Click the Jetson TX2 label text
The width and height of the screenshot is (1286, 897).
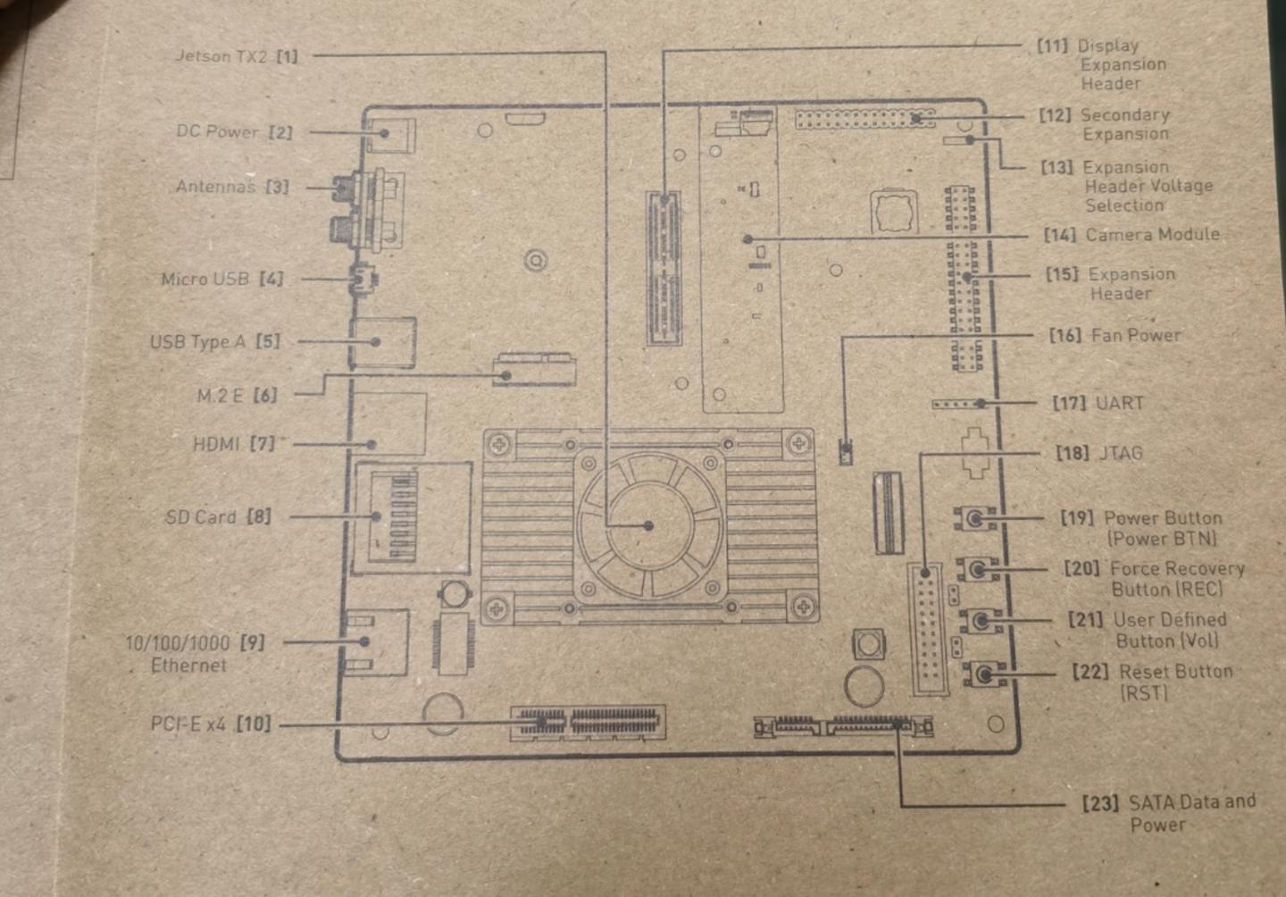[221, 56]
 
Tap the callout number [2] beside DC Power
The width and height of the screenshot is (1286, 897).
[280, 132]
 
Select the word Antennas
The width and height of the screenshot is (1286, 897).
[215, 187]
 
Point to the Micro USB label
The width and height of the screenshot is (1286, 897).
[205, 279]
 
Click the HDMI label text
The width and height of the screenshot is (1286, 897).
[216, 444]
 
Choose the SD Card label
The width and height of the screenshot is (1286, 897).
[200, 516]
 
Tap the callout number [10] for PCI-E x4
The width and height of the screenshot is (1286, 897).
[254, 724]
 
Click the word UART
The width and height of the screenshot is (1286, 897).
[1120, 403]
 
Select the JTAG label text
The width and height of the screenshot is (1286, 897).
[1121, 453]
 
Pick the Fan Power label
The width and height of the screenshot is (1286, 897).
[1136, 335]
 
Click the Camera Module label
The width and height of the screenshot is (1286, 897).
[1153, 234]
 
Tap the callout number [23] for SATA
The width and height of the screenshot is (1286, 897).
[1100, 803]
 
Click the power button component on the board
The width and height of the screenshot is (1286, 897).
[974, 518]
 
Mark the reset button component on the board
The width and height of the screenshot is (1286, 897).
[984, 674]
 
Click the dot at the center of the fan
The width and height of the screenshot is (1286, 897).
[648, 525]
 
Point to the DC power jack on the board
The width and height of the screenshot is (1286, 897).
[390, 135]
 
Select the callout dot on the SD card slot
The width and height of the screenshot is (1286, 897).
[376, 516]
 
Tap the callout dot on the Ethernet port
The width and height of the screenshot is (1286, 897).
[364, 641]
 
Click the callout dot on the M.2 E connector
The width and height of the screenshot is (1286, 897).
[505, 375]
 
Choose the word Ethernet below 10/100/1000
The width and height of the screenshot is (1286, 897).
[188, 666]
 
